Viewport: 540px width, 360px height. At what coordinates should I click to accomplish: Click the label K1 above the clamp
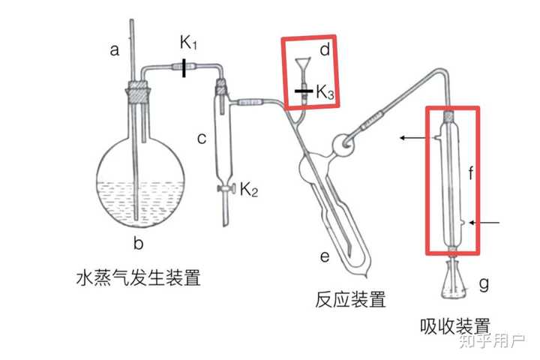tap(188, 42)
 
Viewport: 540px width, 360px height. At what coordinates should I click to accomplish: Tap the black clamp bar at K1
tap(184, 67)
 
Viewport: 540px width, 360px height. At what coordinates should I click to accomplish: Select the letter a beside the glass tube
tap(114, 50)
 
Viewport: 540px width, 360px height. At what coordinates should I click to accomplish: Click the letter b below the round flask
tap(139, 243)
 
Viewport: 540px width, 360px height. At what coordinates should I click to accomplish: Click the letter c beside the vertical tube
tap(202, 138)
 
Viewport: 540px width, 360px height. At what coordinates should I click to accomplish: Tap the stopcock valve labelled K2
tap(226, 188)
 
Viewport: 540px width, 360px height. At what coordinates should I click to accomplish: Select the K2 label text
tap(249, 190)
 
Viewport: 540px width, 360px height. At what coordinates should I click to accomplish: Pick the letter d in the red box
tap(325, 49)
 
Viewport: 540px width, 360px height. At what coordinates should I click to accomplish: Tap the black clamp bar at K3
tap(304, 91)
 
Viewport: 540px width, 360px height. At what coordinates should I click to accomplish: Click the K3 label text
tap(325, 92)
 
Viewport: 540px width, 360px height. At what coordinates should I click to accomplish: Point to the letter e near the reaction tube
tap(325, 256)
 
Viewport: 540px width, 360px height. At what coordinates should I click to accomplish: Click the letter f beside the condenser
tap(471, 172)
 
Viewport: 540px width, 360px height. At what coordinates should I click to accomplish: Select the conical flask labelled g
tap(454, 280)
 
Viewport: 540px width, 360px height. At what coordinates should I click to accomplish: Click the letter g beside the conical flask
tap(484, 284)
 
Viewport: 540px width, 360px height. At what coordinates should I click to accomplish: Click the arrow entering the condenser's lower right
tap(484, 223)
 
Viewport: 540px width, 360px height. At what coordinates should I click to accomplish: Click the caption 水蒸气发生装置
tap(139, 277)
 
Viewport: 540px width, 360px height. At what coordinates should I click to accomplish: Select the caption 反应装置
tap(350, 299)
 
